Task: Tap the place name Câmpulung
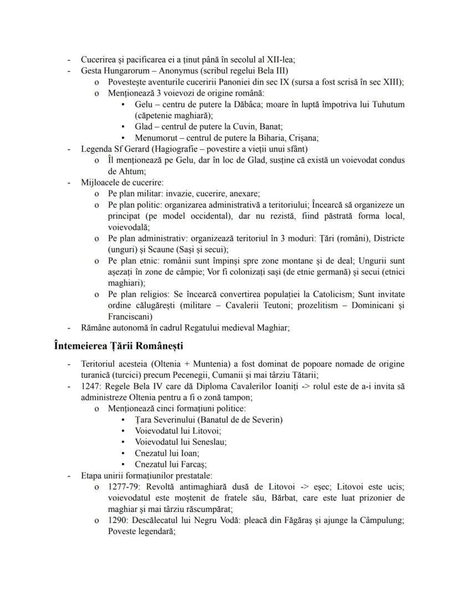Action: point(382,520)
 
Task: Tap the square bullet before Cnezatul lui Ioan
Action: point(122,453)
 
